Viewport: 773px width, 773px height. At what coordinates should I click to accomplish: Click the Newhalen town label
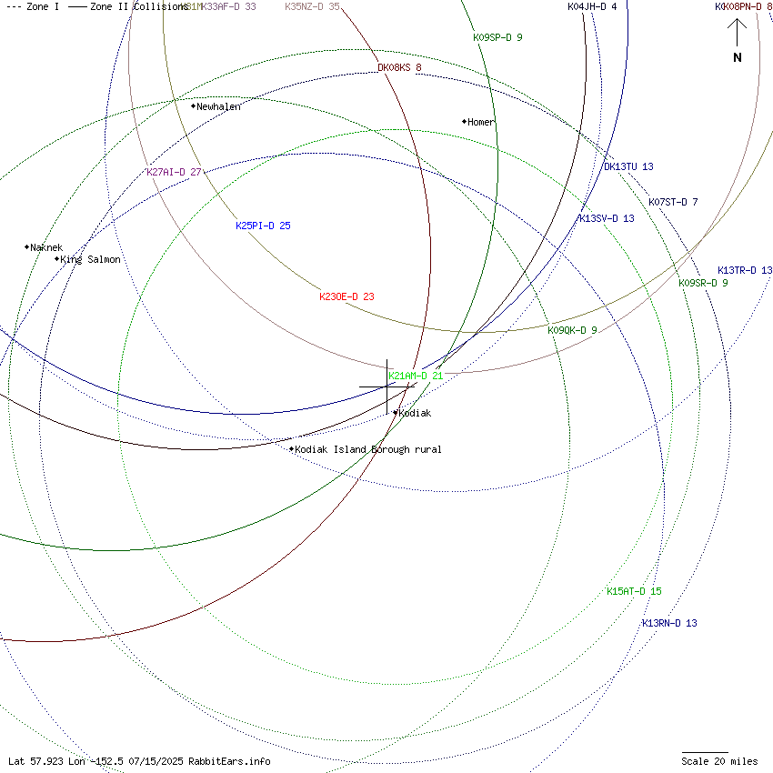click(219, 106)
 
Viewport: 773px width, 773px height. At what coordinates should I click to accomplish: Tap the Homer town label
click(481, 122)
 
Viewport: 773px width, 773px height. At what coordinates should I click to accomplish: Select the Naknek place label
click(46, 247)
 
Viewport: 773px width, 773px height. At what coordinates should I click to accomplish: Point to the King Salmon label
click(90, 259)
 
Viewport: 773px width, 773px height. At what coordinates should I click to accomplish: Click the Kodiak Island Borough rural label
click(368, 449)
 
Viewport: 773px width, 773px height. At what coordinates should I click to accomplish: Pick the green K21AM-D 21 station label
click(416, 376)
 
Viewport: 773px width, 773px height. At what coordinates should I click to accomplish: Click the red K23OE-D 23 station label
click(346, 296)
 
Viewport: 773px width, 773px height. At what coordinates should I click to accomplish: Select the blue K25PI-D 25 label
click(263, 226)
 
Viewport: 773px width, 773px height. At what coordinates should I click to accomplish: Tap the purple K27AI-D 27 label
click(174, 172)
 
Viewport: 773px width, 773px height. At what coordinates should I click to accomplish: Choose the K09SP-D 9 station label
click(497, 37)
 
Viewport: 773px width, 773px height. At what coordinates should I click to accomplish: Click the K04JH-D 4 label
click(592, 6)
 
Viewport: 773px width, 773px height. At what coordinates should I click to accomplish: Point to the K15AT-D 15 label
click(634, 591)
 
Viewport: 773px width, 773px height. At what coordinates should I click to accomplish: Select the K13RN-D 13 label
click(669, 623)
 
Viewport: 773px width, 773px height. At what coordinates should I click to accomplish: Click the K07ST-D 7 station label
click(673, 202)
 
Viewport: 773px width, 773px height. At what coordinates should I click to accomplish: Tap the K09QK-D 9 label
click(572, 330)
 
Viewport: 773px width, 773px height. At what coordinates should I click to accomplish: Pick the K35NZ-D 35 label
click(312, 6)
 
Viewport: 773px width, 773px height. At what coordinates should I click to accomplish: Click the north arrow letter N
click(738, 58)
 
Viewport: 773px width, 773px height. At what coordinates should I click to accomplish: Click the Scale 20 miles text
click(719, 761)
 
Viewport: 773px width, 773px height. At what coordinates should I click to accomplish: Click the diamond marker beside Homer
click(464, 121)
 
